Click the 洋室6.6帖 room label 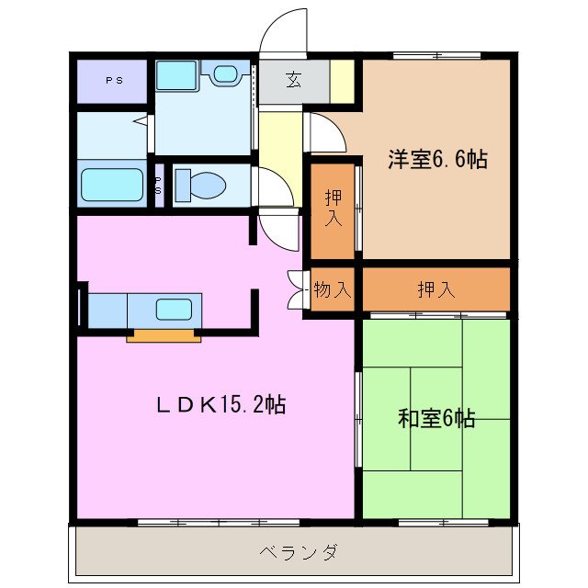click(x=436, y=159)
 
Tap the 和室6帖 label click(x=436, y=419)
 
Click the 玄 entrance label click(x=292, y=81)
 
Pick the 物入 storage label click(x=332, y=290)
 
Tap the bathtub click(x=112, y=185)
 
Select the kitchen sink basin click(x=174, y=309)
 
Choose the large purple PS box click(x=112, y=81)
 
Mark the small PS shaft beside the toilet click(x=158, y=185)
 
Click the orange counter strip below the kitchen click(x=164, y=334)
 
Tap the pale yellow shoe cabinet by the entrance click(x=342, y=81)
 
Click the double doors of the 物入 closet click(x=296, y=290)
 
